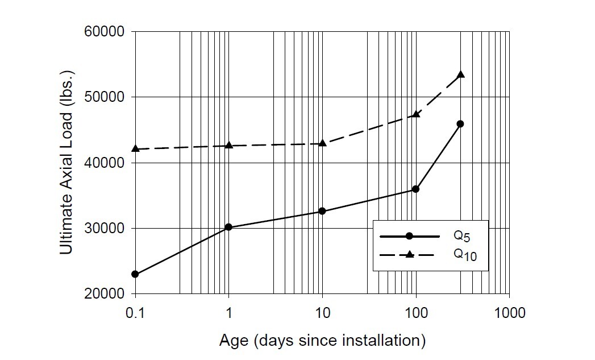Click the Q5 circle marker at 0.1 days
click(135, 274)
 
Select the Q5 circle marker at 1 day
click(228, 227)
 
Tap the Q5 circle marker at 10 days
click(322, 211)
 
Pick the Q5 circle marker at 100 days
click(415, 189)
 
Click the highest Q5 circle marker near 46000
click(460, 123)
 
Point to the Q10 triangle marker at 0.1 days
click(135, 148)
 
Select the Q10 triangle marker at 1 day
click(228, 145)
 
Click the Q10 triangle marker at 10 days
click(322, 143)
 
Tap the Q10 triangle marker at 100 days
click(415, 114)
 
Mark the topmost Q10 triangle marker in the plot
click(460, 75)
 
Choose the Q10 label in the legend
click(464, 255)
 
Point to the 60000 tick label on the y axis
click(108, 31)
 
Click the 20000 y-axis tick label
click(108, 294)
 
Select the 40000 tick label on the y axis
click(108, 163)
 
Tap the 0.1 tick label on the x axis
click(135, 313)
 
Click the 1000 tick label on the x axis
click(509, 313)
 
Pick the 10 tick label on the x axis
click(322, 313)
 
